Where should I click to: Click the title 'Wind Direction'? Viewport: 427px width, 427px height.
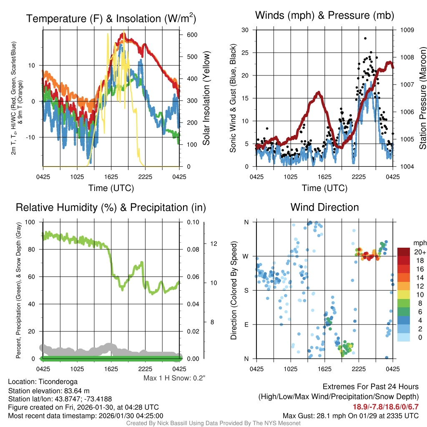click(x=324, y=207)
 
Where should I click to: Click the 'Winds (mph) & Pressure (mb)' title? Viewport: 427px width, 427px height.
click(x=324, y=16)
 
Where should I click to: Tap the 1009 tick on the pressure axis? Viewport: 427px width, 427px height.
click(x=407, y=30)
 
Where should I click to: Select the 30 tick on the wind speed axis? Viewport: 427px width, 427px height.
click(x=245, y=30)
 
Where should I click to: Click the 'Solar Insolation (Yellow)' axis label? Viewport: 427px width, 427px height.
click(x=206, y=98)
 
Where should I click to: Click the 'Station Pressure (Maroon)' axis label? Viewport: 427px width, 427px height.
click(x=422, y=98)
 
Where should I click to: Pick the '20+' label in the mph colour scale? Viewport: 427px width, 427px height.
click(x=419, y=252)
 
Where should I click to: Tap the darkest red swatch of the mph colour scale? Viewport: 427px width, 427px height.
click(x=404, y=252)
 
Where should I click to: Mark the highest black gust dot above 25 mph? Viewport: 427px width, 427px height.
click(x=365, y=38)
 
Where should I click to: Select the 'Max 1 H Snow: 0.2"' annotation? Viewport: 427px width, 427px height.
click(x=174, y=378)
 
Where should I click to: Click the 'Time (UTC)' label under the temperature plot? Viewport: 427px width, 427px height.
click(x=111, y=188)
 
